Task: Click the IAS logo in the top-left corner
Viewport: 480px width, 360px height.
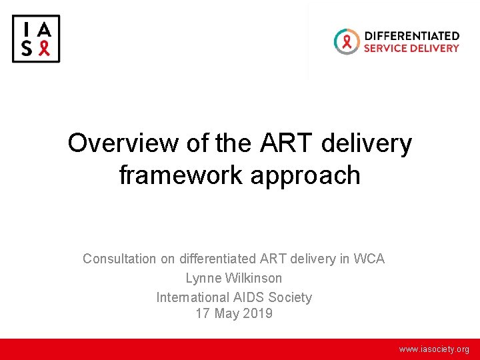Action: [36, 39]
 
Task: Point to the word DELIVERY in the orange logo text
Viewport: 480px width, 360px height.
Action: [436, 48]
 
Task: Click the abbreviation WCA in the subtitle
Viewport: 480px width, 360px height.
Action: [369, 259]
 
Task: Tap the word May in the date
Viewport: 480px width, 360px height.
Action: [225, 313]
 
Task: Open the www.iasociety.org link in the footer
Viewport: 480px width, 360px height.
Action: [434, 349]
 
